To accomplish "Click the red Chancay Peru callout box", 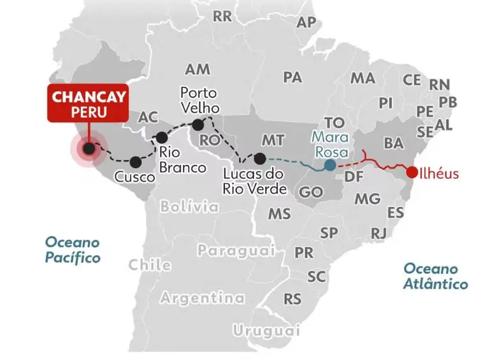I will click(89, 104).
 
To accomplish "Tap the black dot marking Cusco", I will click(136, 162).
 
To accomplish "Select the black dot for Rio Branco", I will click(162, 137).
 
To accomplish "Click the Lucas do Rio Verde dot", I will click(259, 158).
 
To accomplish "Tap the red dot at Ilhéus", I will click(412, 172).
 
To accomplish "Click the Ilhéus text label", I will click(440, 173).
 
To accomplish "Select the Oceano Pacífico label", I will click(72, 250).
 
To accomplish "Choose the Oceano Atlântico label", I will click(435, 276).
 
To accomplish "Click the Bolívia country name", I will click(189, 206).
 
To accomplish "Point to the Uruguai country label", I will click(266, 331).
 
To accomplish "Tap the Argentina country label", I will click(202, 298).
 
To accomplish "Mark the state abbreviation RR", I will click(222, 17).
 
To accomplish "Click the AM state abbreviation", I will click(198, 69).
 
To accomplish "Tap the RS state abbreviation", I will click(292, 298).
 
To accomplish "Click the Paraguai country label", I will click(236, 250).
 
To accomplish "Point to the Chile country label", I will click(150, 264).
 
